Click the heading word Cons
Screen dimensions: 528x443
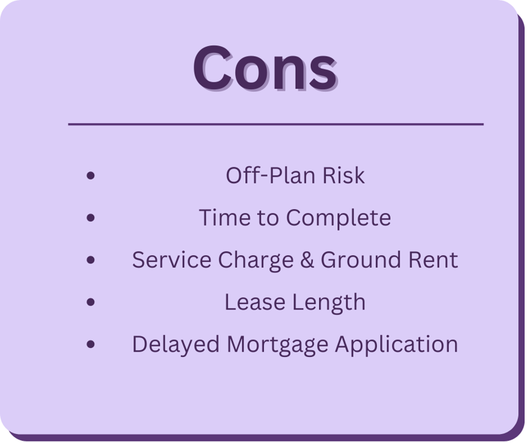pos(265,68)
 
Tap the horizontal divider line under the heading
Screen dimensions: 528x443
pos(276,125)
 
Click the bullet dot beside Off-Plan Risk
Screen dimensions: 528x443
pos(91,175)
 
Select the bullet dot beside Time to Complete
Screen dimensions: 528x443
pos(91,217)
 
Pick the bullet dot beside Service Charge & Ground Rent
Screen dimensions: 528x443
pos(91,260)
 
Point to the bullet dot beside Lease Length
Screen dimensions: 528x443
pos(91,302)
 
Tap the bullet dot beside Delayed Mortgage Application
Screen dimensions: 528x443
pos(91,344)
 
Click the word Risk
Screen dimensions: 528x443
pos(344,175)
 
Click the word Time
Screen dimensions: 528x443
pos(225,217)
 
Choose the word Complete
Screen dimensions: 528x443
pos(338,218)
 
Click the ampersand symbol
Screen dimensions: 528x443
pos(307,260)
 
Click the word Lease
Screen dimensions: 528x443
pos(254,302)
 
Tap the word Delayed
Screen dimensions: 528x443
pos(176,345)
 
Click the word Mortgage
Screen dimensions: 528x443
pos(278,345)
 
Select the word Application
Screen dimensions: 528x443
pos(396,345)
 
